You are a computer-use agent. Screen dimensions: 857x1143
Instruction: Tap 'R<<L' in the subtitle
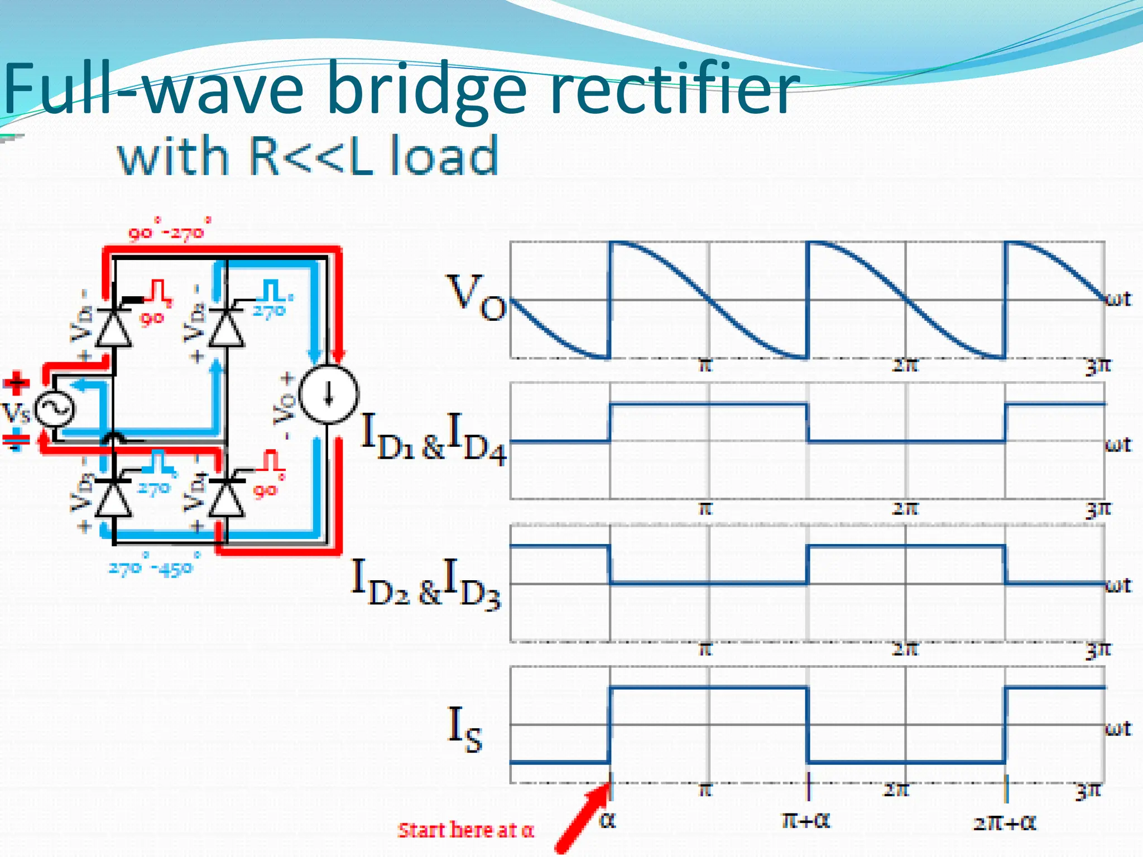point(310,156)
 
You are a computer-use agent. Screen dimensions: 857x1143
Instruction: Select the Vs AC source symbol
point(55,410)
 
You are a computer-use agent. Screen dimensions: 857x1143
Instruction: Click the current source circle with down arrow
point(329,394)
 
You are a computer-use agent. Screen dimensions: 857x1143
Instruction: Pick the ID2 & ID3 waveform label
point(426,584)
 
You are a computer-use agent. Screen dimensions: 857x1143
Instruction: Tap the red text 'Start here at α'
point(465,830)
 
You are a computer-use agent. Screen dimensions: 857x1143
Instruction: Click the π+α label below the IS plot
point(806,820)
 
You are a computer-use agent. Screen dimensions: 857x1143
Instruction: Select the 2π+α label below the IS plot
point(1005,822)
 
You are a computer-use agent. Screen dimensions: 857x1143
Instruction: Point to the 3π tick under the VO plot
point(1097,367)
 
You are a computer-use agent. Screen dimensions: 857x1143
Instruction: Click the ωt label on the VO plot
point(1118,300)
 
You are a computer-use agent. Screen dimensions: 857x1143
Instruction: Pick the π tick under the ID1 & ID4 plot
point(705,508)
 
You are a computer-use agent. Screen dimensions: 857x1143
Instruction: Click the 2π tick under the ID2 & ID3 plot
point(904,649)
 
